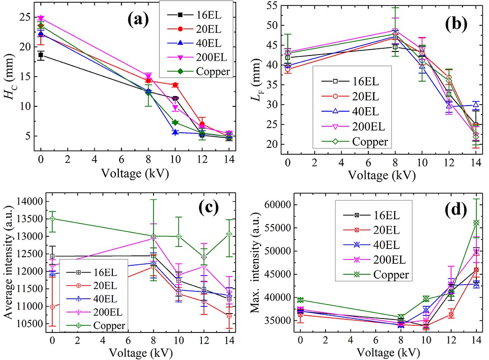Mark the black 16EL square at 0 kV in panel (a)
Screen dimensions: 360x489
click(x=41, y=55)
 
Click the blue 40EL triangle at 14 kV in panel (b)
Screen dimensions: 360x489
click(x=475, y=105)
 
